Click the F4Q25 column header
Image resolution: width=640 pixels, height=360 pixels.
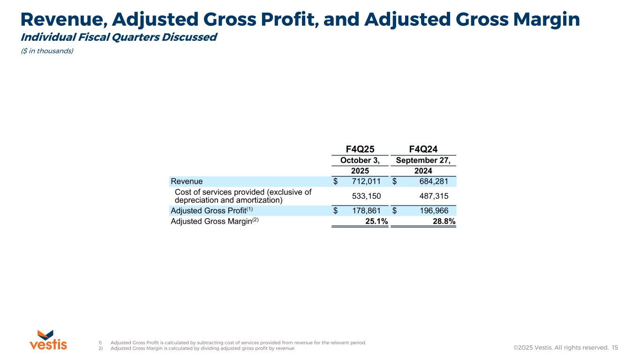tap(360, 149)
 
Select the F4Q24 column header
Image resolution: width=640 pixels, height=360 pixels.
tap(423, 149)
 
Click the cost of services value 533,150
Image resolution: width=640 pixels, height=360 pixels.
tap(366, 196)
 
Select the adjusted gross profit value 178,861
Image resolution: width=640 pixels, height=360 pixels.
tap(366, 211)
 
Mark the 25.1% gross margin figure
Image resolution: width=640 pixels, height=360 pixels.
tap(376, 222)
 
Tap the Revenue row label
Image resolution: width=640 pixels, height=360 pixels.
tap(187, 181)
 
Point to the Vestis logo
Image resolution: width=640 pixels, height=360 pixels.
tap(48, 340)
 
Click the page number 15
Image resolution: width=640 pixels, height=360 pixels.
tap(615, 348)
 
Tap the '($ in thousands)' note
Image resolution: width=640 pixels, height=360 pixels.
tap(47, 51)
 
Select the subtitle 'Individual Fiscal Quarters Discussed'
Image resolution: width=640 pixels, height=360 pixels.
tap(119, 37)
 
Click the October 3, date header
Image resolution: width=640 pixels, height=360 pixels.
tap(360, 160)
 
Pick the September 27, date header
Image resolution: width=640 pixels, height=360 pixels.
tap(423, 160)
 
